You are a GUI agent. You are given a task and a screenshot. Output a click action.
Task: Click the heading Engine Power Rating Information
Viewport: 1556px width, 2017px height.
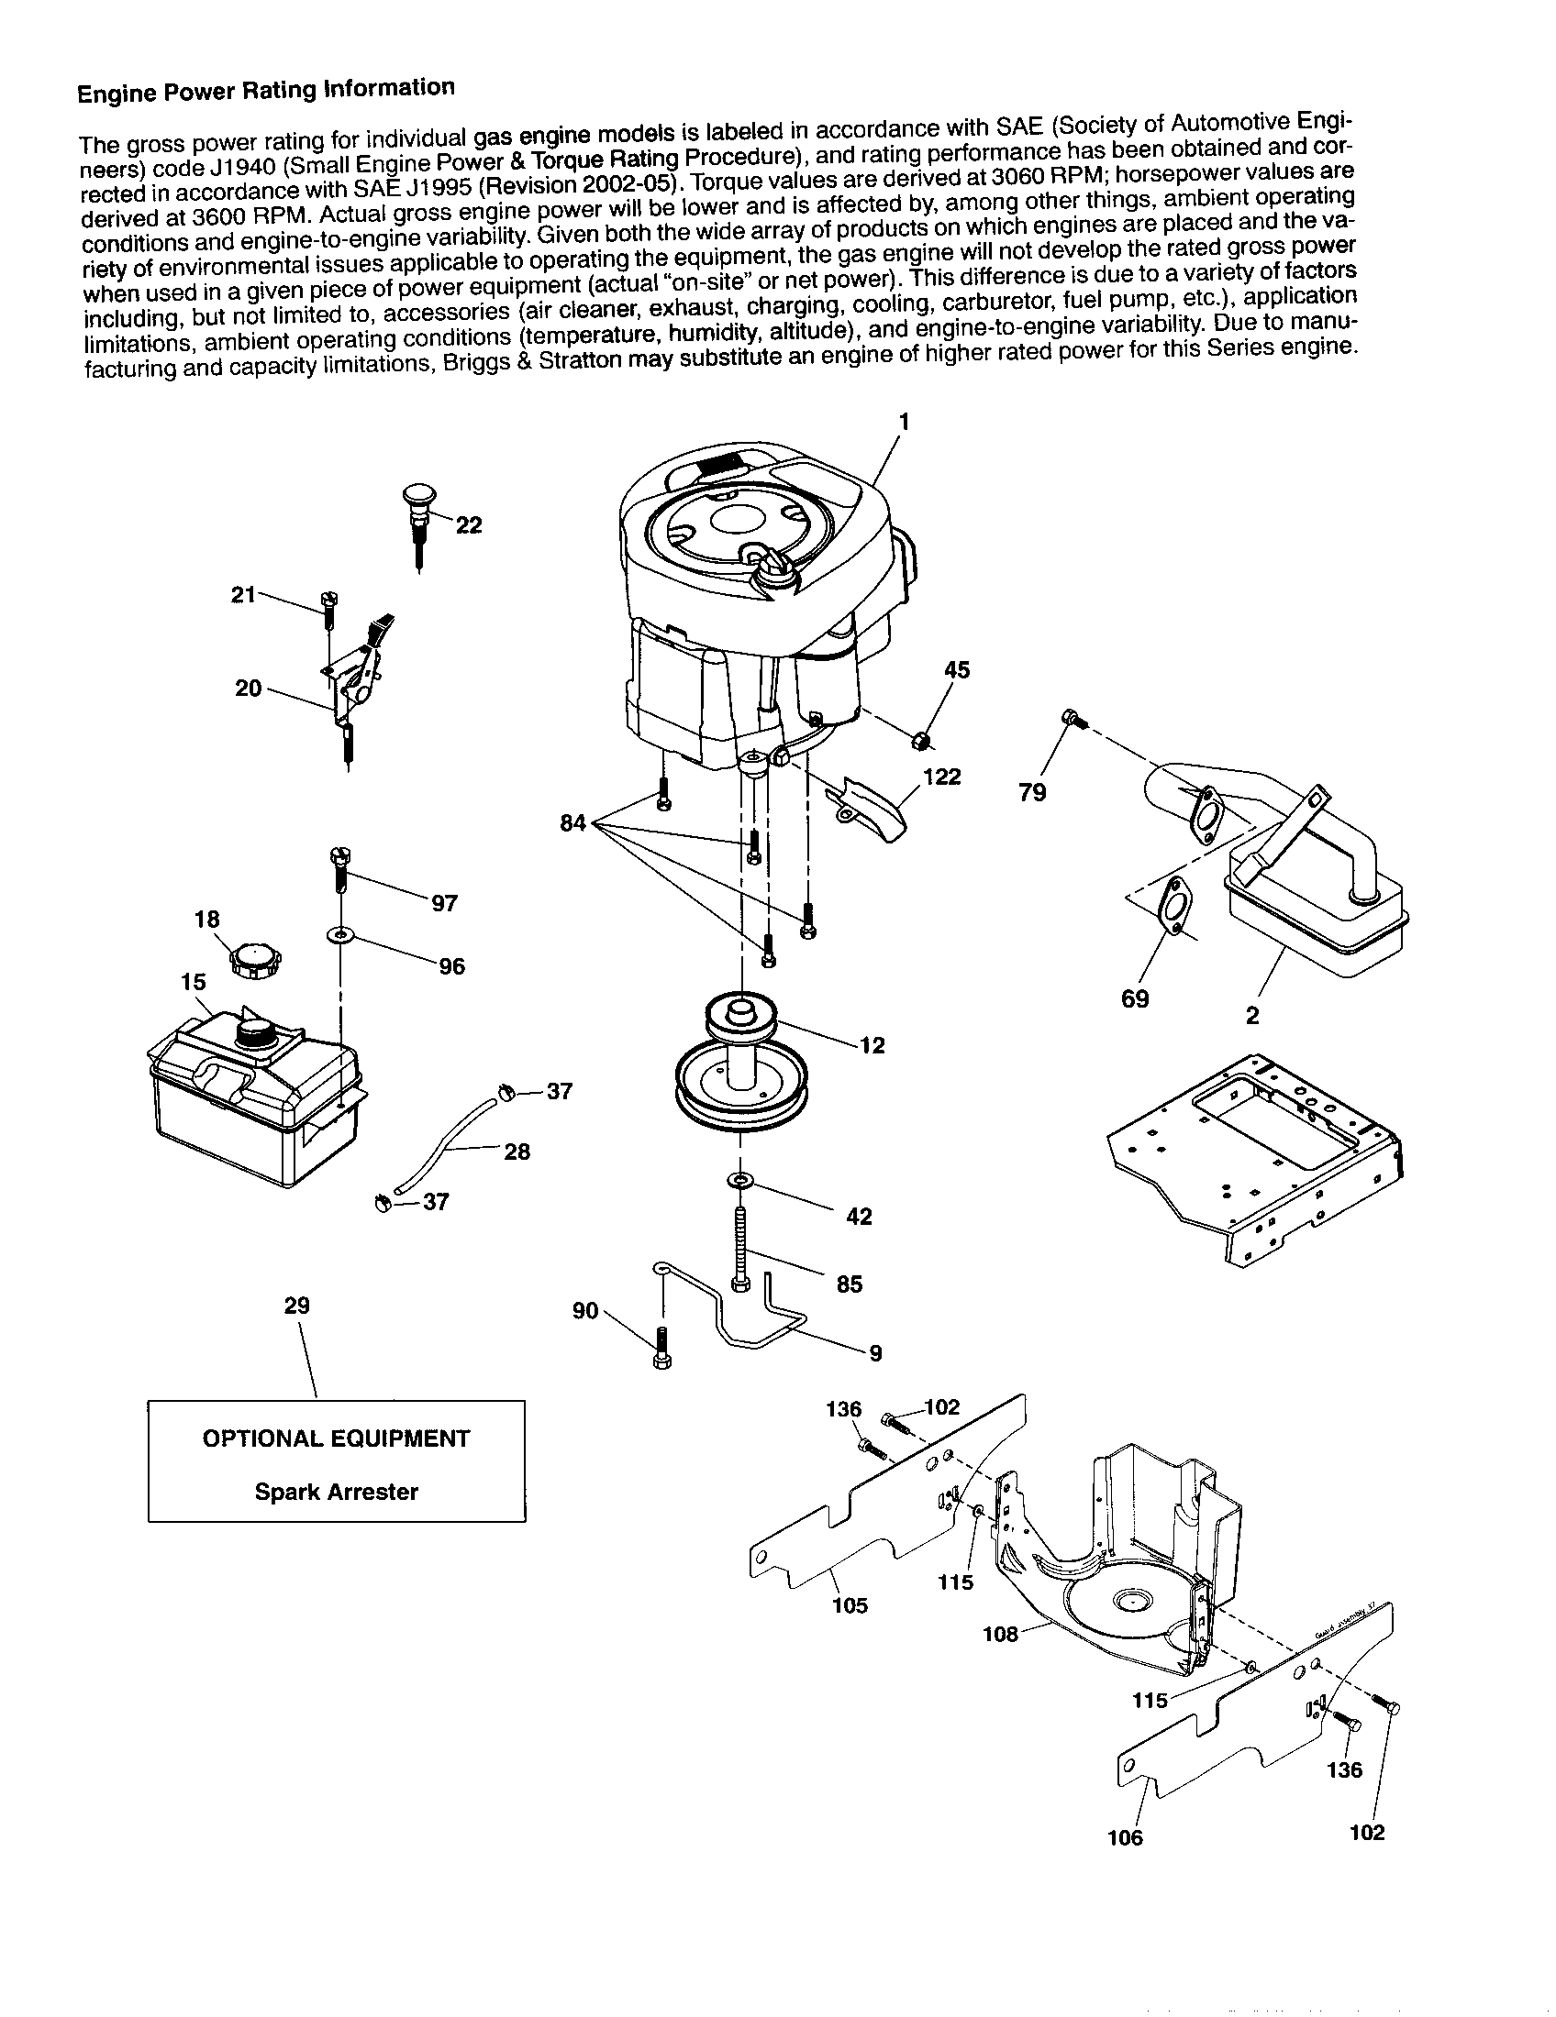click(x=265, y=91)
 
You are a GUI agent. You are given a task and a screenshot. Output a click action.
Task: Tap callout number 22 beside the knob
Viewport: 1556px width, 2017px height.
click(x=469, y=525)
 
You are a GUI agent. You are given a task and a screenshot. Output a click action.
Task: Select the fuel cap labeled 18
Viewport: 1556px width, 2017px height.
click(x=254, y=961)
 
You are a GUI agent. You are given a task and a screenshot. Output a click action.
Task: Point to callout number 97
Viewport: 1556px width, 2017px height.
click(x=444, y=903)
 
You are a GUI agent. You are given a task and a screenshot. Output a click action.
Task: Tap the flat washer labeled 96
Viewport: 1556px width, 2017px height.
click(x=341, y=936)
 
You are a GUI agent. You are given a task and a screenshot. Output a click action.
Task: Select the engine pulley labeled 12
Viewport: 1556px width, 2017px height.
click(x=739, y=1071)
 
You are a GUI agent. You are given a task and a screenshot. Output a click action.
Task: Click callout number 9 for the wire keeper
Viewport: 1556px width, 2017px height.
click(x=875, y=1353)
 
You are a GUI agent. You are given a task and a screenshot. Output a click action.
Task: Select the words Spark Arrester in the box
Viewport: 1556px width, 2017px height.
click(x=337, y=1492)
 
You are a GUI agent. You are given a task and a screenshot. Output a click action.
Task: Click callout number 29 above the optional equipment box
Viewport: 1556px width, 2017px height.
click(x=296, y=1306)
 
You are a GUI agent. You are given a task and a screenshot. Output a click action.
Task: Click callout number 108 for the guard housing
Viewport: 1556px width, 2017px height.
click(x=1000, y=1635)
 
